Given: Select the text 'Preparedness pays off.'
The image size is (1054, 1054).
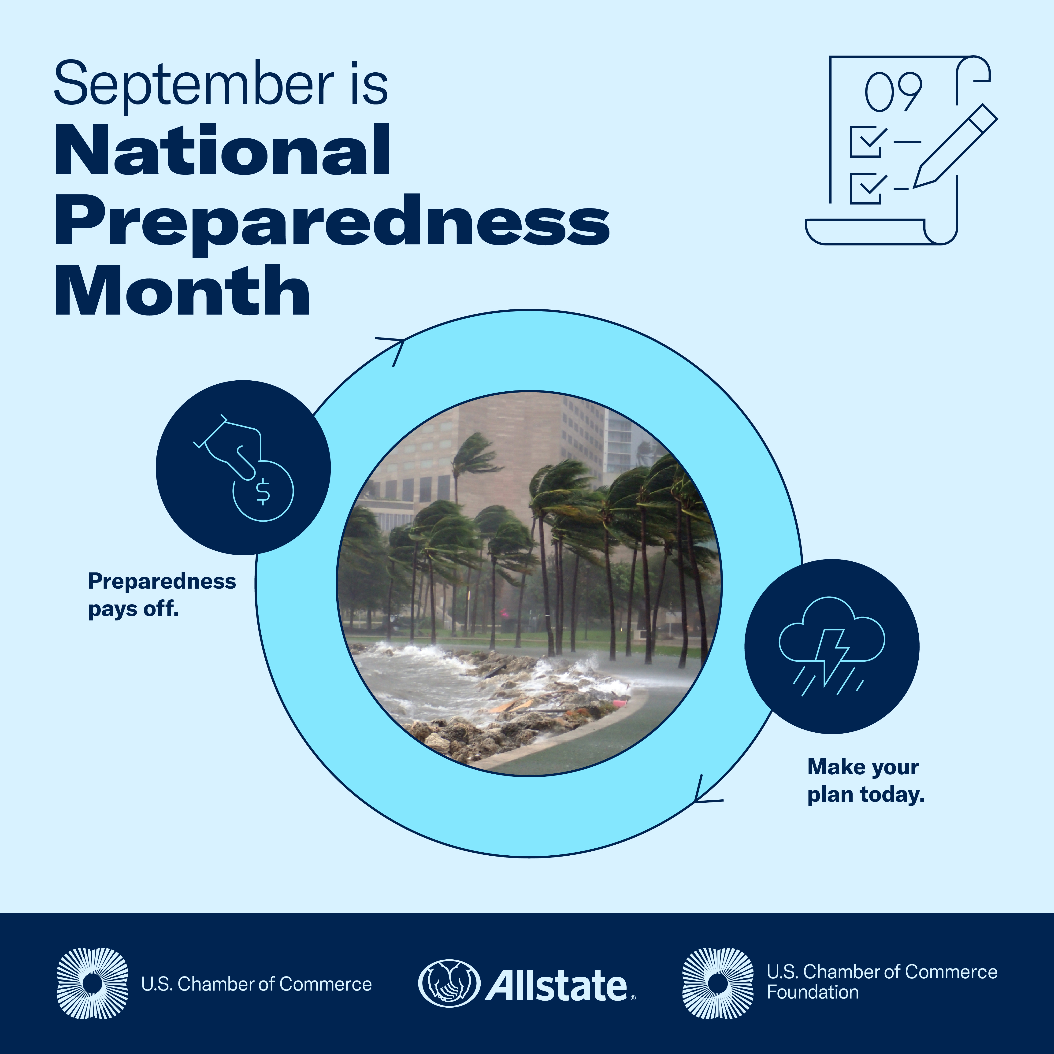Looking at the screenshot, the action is (x=162, y=595).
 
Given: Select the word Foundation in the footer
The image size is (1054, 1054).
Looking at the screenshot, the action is (x=813, y=992).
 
